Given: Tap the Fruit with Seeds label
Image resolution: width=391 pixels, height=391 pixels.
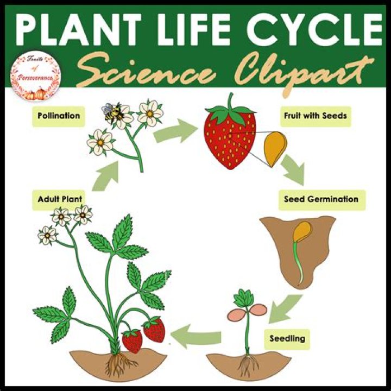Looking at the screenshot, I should [314, 116].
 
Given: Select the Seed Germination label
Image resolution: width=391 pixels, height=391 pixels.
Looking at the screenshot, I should [320, 199].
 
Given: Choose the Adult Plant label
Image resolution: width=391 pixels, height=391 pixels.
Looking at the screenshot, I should [60, 199].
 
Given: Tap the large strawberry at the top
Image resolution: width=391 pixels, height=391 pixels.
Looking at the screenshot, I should [229, 138].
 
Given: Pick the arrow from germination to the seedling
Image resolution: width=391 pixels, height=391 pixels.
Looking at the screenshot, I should [285, 308].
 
